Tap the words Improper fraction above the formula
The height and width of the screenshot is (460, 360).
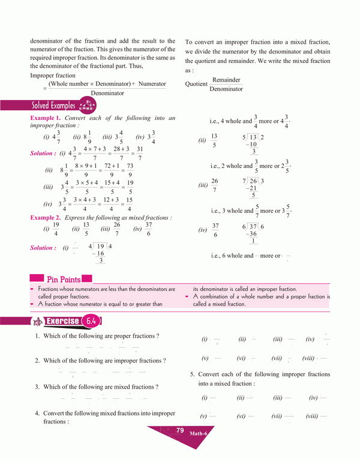[x=53, y=76]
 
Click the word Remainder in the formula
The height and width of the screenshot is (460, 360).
[x=226, y=80]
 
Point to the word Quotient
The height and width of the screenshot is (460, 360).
[x=196, y=84]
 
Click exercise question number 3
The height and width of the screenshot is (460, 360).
[x=37, y=387]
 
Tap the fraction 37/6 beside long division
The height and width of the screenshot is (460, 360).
[x=215, y=230]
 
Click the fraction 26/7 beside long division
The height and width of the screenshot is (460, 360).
[x=215, y=185]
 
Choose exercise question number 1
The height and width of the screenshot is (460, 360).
[x=37, y=336]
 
